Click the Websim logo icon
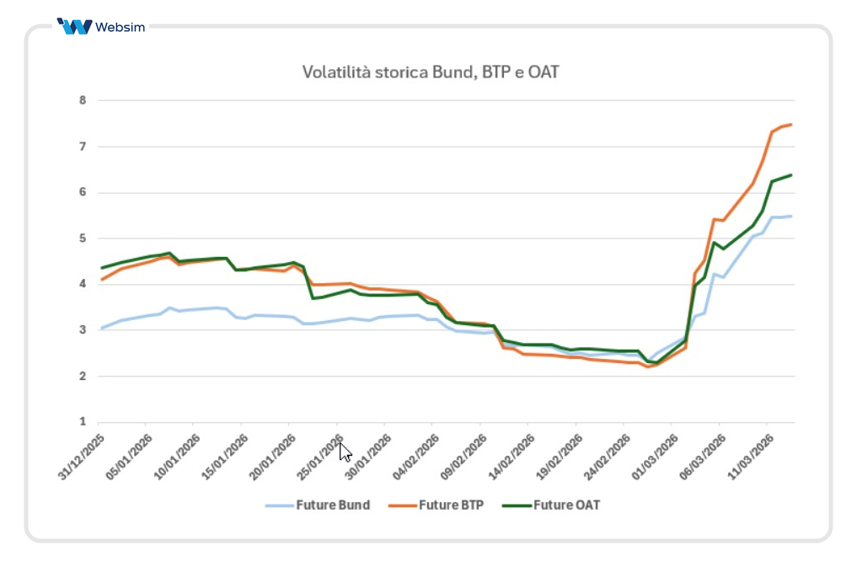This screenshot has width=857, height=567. (x=75, y=27)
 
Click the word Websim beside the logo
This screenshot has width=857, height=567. (x=121, y=27)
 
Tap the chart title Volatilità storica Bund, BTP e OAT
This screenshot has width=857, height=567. (x=431, y=72)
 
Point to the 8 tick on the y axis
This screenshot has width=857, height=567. (x=83, y=100)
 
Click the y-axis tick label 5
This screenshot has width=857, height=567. (x=83, y=238)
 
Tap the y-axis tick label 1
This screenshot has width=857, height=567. (x=83, y=422)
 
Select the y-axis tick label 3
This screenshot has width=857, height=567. (x=83, y=330)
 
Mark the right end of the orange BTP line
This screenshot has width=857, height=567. (x=791, y=125)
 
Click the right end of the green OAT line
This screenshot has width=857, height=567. (x=791, y=175)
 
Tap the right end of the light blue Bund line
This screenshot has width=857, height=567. (x=791, y=217)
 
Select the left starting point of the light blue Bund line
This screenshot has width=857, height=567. (x=102, y=328)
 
